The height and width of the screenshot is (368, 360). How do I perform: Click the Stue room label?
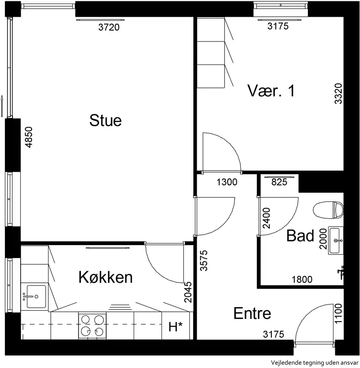(x=106, y=120)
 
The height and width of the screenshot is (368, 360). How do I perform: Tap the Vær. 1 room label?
(x=271, y=91)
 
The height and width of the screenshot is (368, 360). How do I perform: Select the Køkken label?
(x=106, y=277)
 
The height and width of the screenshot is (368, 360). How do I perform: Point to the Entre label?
(x=252, y=313)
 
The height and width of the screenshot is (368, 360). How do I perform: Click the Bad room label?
(x=300, y=236)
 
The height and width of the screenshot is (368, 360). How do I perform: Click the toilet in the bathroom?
(x=328, y=209)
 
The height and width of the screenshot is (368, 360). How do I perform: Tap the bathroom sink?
(x=336, y=240)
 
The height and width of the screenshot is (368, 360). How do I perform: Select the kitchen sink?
(x=36, y=296)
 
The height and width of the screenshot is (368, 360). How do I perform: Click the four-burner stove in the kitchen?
(x=92, y=325)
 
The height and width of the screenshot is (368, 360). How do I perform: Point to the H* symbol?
(x=175, y=327)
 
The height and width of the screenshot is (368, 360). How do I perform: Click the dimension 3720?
(x=109, y=27)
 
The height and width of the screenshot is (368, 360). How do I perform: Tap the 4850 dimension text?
(x=29, y=137)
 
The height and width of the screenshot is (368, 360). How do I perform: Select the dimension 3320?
(x=338, y=93)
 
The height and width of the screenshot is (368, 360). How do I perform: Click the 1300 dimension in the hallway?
(x=227, y=182)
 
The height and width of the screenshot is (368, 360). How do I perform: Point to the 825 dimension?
(x=279, y=182)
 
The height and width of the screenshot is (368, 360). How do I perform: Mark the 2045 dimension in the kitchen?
(x=188, y=292)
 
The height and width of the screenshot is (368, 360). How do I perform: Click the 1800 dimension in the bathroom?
(x=302, y=280)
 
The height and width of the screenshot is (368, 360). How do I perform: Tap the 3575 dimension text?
(x=204, y=261)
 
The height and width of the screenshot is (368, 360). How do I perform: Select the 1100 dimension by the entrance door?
(x=338, y=313)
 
